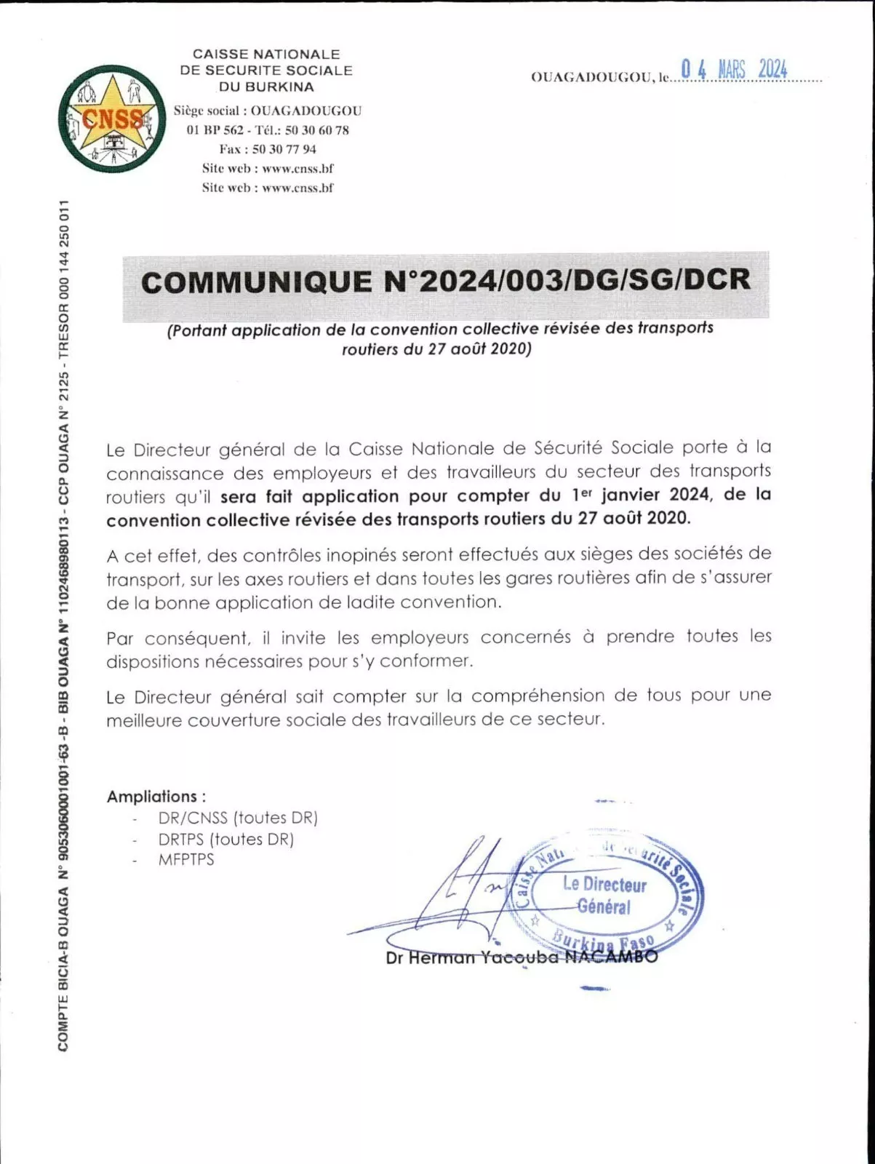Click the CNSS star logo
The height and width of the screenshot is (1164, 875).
point(111,119)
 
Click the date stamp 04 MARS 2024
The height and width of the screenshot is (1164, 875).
point(734,70)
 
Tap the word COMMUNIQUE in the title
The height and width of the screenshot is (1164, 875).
point(256,282)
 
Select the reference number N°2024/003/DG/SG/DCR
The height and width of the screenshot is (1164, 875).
point(565,281)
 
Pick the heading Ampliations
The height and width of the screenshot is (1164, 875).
point(156,797)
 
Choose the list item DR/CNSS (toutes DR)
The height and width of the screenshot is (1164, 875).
point(238,818)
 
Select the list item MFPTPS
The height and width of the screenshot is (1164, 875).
point(186,859)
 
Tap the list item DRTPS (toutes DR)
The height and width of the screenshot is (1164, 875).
point(226,839)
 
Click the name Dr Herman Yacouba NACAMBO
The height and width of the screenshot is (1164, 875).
point(522,957)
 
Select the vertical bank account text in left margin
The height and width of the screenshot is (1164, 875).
point(64,626)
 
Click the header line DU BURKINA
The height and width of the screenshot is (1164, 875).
point(266,87)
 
